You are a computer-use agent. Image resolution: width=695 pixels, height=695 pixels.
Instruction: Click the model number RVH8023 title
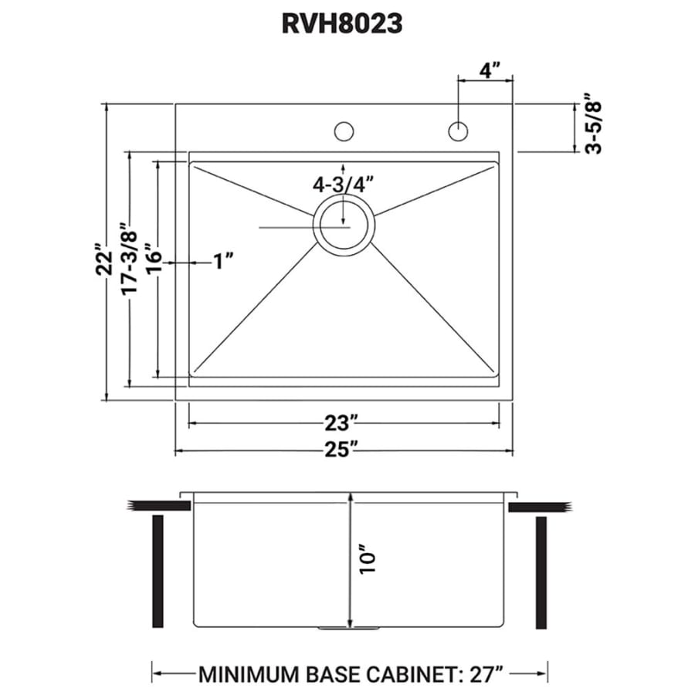(x=342, y=23)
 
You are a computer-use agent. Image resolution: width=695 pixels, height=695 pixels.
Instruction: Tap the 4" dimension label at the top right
(x=490, y=70)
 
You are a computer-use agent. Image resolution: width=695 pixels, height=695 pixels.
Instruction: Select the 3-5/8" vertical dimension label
(x=594, y=124)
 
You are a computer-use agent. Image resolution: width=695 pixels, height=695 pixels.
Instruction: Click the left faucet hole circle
(x=344, y=131)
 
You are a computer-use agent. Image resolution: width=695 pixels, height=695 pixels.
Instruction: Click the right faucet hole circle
(x=458, y=131)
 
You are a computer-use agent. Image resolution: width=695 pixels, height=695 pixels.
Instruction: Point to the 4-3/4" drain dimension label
(x=344, y=185)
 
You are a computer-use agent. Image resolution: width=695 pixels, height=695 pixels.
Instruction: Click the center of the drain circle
(x=344, y=225)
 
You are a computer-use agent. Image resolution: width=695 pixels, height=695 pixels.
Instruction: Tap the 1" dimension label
(x=223, y=261)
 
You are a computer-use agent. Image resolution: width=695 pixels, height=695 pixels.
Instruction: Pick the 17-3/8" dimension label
(x=130, y=258)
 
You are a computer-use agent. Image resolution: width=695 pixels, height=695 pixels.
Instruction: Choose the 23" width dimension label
(x=341, y=423)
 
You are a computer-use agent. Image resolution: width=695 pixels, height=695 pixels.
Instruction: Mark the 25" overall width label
(x=341, y=450)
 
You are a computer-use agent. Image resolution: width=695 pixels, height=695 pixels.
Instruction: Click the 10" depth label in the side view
(x=368, y=558)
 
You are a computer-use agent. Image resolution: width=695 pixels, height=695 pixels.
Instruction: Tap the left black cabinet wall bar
(x=158, y=571)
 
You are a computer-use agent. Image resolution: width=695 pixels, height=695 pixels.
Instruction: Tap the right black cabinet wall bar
(x=541, y=573)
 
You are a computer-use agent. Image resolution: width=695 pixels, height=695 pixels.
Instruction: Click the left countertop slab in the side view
(x=159, y=506)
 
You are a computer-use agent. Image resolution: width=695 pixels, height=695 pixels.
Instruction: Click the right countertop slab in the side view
(x=540, y=507)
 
